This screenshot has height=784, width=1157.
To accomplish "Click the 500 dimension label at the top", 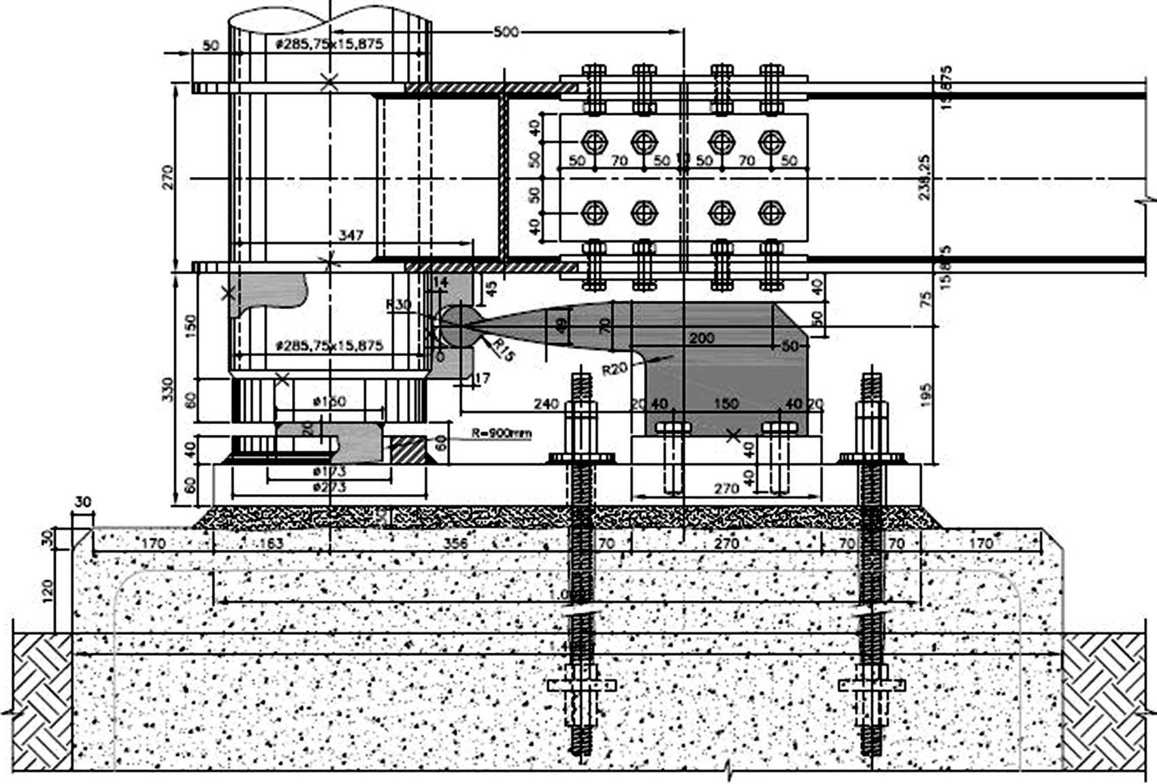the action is click(x=504, y=32).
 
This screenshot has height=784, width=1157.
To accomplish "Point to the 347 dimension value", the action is click(x=351, y=235).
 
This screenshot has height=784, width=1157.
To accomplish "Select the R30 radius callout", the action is click(x=398, y=304).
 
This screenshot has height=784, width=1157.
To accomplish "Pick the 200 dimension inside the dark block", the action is click(x=702, y=338).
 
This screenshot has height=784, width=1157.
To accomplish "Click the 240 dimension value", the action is click(x=546, y=404).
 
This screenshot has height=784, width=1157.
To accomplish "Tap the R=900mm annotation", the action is click(x=501, y=433).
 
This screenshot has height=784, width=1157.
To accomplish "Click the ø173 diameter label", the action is click(x=329, y=471).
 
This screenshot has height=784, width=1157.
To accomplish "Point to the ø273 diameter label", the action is click(x=329, y=487).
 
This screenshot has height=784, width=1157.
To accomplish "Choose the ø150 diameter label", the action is click(x=329, y=402).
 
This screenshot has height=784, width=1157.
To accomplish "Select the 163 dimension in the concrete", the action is click(x=271, y=544).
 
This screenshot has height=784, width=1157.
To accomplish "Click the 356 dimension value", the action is click(x=455, y=544).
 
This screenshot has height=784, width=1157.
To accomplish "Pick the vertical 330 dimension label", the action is click(x=169, y=389).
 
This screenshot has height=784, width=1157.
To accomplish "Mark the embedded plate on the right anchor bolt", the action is click(x=872, y=684).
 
